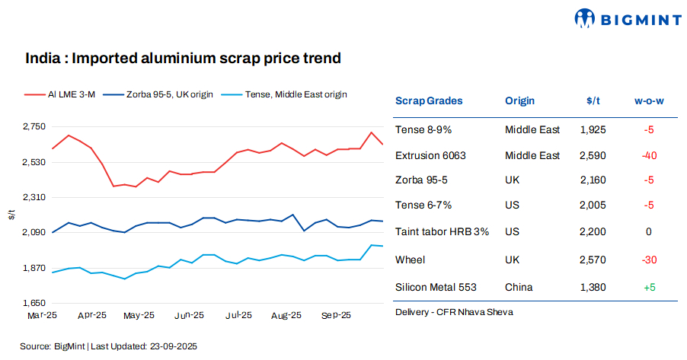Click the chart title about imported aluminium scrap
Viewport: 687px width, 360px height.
pyautogui.click(x=182, y=58)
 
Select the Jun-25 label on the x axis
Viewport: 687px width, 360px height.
pyautogui.click(x=188, y=314)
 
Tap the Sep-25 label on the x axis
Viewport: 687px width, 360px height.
pyautogui.click(x=336, y=314)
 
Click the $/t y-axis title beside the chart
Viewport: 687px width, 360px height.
pyautogui.click(x=11, y=215)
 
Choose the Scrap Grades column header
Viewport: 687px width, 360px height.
pyautogui.click(x=429, y=100)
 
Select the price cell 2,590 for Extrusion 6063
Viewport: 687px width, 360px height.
pyautogui.click(x=593, y=155)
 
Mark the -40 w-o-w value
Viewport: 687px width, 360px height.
pyautogui.click(x=648, y=155)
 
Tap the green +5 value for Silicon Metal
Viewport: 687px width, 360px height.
pyautogui.click(x=648, y=287)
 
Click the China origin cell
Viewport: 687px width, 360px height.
pyautogui.click(x=519, y=287)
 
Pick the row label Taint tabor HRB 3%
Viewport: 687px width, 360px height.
pyautogui.click(x=442, y=231)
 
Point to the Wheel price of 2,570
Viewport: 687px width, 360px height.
pyautogui.click(x=593, y=260)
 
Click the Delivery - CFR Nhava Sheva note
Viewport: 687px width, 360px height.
pyautogui.click(x=454, y=312)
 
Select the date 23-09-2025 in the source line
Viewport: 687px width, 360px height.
pyautogui.click(x=174, y=346)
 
